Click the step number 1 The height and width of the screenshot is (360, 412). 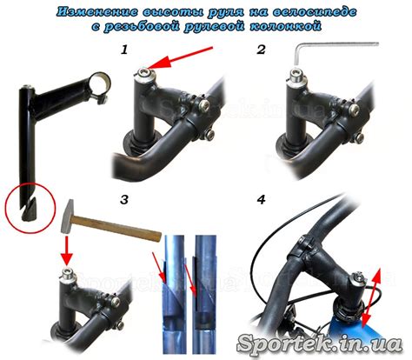124,50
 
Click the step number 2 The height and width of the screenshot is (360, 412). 262,50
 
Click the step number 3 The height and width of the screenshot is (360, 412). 124,200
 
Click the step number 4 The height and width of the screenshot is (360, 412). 262,200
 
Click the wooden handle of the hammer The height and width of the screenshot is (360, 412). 116,228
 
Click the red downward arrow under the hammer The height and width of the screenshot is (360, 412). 67,250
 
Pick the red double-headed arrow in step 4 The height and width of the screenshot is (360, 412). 372,300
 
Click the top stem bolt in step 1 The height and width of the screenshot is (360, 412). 144,72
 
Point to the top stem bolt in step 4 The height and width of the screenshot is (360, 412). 359,277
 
